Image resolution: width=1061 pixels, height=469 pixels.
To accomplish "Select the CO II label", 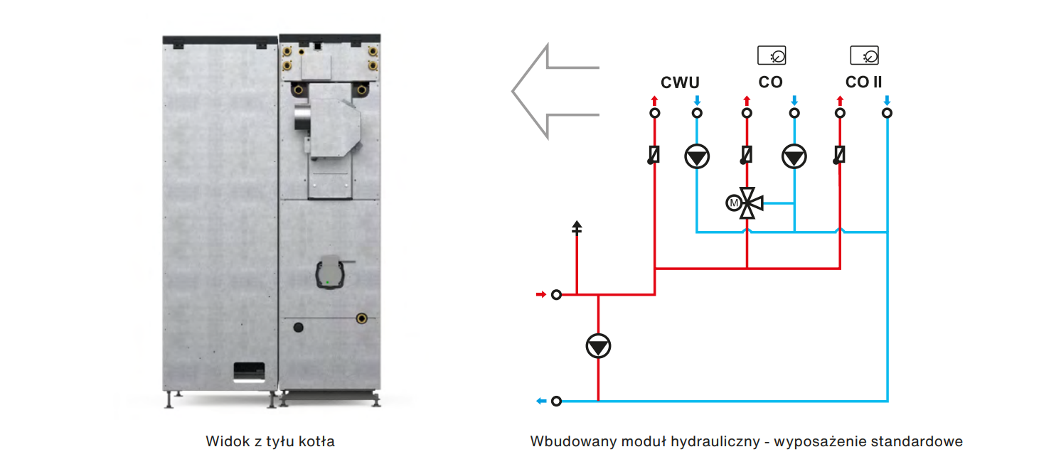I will (863, 82).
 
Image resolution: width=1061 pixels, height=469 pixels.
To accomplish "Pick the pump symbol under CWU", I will (697, 156).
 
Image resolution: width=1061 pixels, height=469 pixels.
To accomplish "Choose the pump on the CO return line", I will (794, 156).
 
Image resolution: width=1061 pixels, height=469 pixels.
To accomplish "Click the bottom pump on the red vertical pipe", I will (598, 347).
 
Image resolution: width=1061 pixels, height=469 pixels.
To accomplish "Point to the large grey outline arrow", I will (555, 90).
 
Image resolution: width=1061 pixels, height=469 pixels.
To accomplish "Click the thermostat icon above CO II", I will (864, 55).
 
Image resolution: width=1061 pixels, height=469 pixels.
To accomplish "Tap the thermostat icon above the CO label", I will (772, 55).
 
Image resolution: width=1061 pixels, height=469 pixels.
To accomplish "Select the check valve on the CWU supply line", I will (654, 154).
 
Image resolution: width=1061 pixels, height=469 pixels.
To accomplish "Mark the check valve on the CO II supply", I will (840, 154).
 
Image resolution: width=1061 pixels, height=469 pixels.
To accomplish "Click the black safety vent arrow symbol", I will (577, 228).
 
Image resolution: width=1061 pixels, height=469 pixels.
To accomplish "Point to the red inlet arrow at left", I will (540, 294).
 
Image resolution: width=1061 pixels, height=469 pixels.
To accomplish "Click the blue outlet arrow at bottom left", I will (541, 401).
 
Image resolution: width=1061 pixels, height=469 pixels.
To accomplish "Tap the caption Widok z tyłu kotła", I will (270, 441).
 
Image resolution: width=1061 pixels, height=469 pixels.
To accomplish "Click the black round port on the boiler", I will (298, 328).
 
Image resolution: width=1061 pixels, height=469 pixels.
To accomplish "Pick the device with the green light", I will (329, 272).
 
